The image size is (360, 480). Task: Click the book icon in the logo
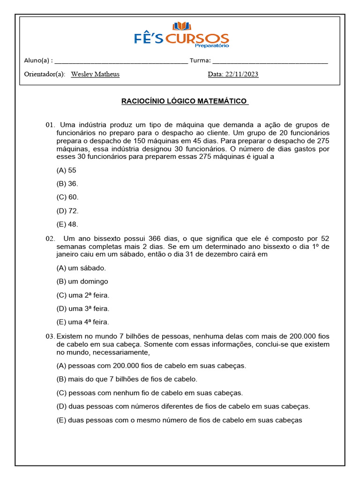182,26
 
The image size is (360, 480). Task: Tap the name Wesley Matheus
95,74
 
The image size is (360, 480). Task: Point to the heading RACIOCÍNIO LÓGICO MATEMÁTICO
185,101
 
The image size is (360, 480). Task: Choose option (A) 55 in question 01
66,170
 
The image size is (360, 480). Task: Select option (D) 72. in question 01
67,210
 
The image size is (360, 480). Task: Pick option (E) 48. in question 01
67,224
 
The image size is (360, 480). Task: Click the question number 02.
50,239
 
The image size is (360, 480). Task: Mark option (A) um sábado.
81,268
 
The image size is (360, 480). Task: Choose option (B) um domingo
82,281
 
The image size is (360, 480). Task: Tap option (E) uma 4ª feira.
82,322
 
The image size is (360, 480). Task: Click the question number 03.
50,337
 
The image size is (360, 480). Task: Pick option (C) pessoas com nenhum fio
149,393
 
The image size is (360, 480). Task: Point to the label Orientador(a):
45,74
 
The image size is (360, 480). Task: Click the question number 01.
50,125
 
